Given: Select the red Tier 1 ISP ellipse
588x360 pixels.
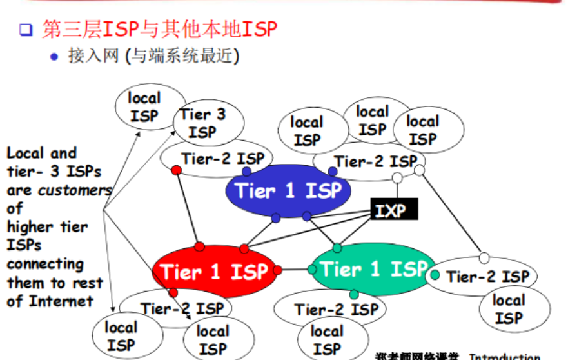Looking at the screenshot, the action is coord(213,272).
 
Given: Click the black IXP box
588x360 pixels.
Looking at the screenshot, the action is coord(394,210).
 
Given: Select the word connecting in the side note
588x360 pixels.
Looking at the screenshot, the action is coord(45,264).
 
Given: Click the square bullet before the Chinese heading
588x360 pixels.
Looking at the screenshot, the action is coord(26,30).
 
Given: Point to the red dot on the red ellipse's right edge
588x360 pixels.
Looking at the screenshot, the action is coord(277,270).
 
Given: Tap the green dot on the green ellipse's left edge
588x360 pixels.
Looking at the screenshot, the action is coord(312,269).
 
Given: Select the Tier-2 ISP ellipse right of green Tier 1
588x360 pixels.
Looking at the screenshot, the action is coord(487,277).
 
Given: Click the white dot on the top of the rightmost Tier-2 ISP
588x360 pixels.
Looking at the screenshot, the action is coord(484,258).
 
